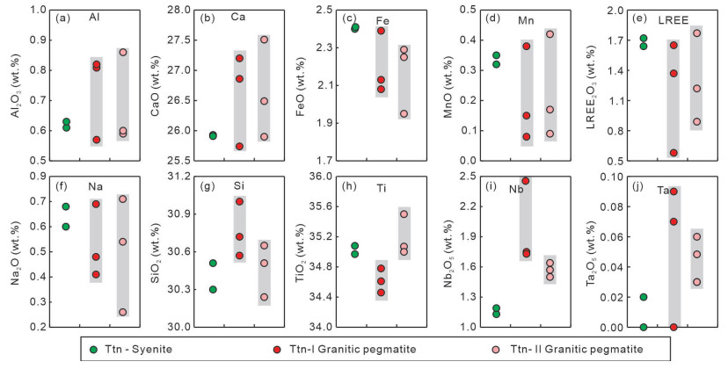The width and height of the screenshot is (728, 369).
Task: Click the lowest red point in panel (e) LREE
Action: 673,153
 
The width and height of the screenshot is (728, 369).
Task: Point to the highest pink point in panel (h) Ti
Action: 404,213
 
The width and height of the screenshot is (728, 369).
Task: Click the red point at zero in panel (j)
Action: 673,327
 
